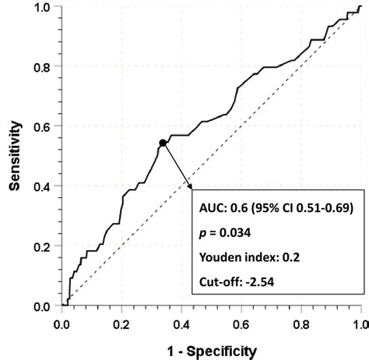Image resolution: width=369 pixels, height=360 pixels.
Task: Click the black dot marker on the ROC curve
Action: pos(162,143)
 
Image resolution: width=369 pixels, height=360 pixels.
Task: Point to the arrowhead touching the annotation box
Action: pos(190,187)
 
